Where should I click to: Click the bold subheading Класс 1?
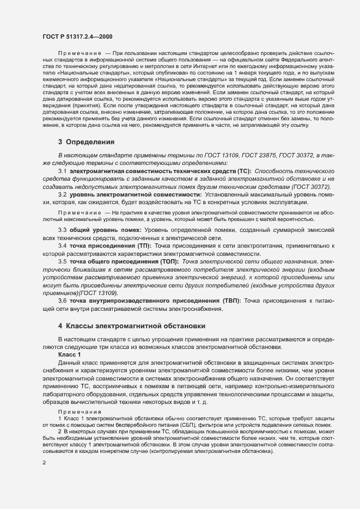69,354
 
